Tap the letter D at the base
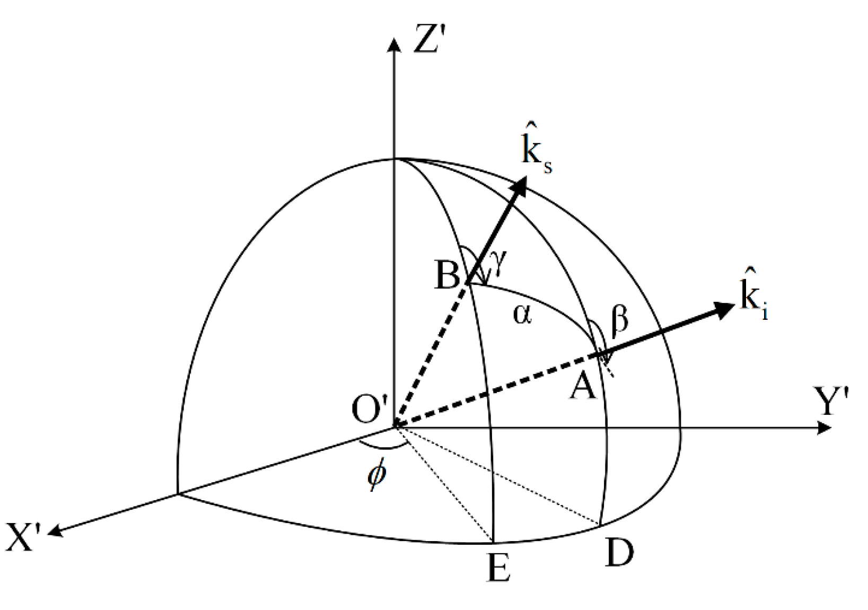pos(619,553)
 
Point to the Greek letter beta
pos(619,321)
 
